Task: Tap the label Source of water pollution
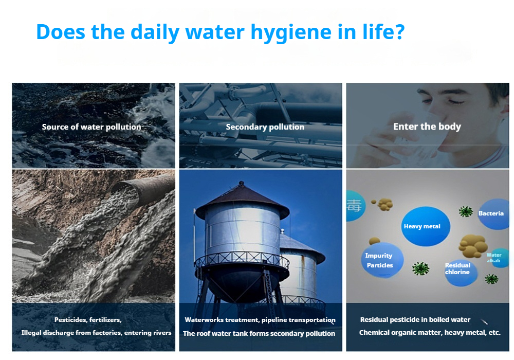point(91,127)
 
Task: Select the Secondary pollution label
point(265,127)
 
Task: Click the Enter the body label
point(427,127)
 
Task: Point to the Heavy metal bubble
point(426,226)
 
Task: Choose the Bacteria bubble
point(493,214)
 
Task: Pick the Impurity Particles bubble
point(382,260)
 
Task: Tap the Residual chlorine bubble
point(460,272)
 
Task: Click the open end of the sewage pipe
point(125,194)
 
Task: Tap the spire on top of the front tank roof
point(242,183)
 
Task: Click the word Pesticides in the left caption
point(70,320)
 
